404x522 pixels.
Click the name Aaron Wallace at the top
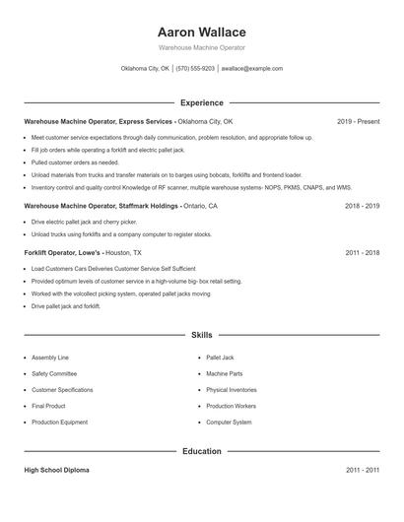[201, 32]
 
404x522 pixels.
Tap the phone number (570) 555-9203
[195, 69]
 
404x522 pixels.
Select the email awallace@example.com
[251, 69]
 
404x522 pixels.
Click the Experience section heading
[201, 102]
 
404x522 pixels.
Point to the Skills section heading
[201, 336]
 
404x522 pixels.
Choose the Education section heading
[201, 451]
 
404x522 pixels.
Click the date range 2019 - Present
[358, 121]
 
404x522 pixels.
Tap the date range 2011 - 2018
[363, 252]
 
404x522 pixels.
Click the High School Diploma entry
[58, 471]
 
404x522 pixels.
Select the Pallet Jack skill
[220, 358]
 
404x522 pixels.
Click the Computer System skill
[229, 422]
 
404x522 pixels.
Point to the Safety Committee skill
[53, 373]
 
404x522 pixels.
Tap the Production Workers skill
[231, 406]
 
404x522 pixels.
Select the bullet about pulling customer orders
[75, 162]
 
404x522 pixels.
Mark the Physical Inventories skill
[232, 390]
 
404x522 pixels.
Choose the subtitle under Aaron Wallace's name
[201, 47]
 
